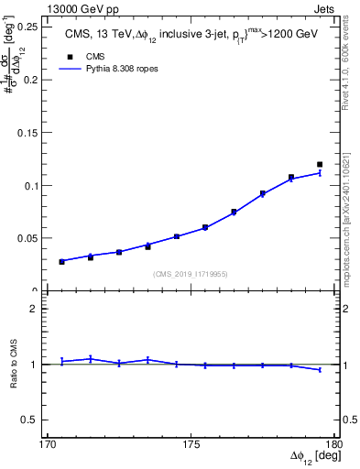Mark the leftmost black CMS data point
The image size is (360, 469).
point(62,262)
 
